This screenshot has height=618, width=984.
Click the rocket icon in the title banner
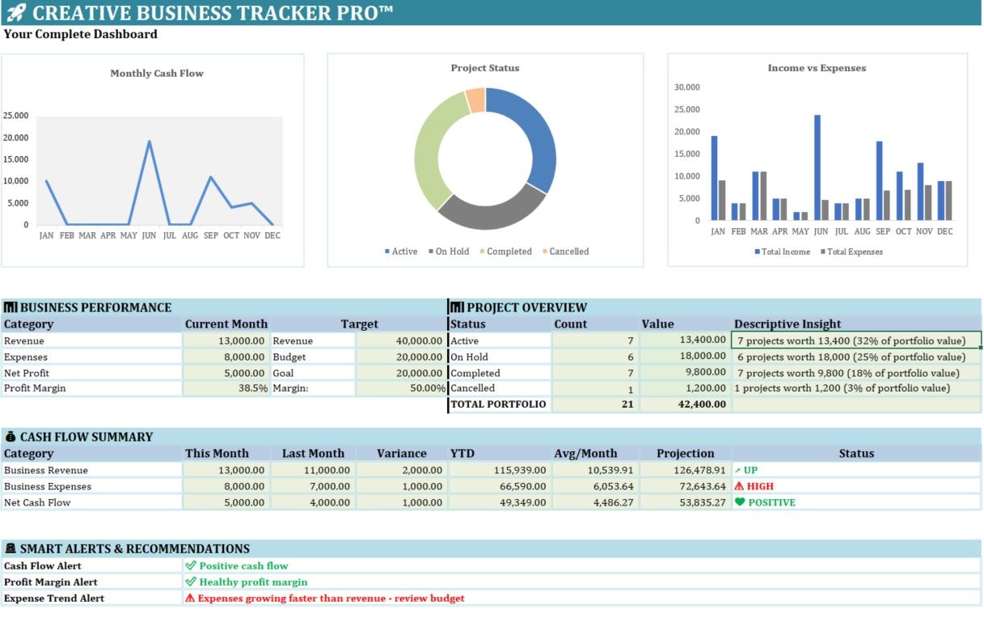[16, 12]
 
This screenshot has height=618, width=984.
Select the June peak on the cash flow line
[149, 142]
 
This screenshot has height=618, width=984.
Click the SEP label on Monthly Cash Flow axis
[211, 235]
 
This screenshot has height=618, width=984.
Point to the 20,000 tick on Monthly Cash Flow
[16, 138]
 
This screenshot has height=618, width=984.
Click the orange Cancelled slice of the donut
[476, 100]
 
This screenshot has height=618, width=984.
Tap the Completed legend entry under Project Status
[505, 252]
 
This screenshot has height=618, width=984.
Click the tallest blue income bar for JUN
[817, 167]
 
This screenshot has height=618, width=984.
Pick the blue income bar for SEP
[879, 180]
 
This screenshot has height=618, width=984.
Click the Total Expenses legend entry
[851, 252]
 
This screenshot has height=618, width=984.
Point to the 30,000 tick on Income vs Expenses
[686, 87]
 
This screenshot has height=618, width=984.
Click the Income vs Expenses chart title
[817, 69]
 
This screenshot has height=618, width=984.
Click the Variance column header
[401, 454]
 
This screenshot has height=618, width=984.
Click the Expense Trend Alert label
[54, 599]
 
